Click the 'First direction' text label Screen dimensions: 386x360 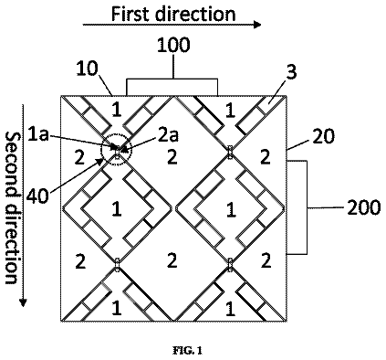[x=173, y=14]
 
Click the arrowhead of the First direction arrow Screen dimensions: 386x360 [x=257, y=25]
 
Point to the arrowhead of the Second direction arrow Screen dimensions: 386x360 [x=23, y=302]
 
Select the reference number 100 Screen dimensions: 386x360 [x=173, y=45]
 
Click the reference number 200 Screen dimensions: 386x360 [x=364, y=207]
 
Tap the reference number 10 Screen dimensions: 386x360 [x=87, y=69]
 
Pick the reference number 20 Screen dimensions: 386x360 [x=323, y=136]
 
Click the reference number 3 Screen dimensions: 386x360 [x=291, y=72]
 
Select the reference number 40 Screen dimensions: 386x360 [x=37, y=196]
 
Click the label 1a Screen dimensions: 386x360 [x=37, y=134]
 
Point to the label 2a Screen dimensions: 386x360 [x=169, y=136]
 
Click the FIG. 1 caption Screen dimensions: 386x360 [x=188, y=351]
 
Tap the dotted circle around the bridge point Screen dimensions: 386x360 [x=116, y=136]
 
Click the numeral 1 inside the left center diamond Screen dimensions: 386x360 [x=117, y=209]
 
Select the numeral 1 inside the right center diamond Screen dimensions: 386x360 [x=231, y=209]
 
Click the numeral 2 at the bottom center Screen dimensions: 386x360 [x=172, y=260]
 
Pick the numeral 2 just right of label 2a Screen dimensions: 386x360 [x=172, y=157]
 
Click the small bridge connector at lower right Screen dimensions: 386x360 [x=231, y=263]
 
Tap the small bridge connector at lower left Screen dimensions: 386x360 [x=117, y=263]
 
